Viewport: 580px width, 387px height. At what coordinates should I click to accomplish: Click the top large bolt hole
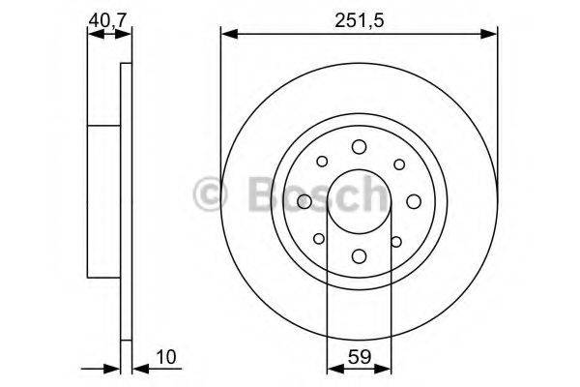tap(359, 146)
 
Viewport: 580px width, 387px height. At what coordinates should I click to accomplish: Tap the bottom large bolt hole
tap(359, 255)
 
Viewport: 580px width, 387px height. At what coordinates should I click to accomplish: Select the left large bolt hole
tap(304, 200)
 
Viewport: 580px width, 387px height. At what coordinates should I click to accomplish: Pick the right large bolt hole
tap(414, 200)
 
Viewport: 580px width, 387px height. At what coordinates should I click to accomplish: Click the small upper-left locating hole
tap(320, 162)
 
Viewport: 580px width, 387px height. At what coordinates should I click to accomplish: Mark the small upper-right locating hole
tap(397, 162)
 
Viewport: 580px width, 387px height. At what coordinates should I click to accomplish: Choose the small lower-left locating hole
tap(320, 239)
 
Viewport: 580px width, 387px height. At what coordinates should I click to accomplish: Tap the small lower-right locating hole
tap(397, 239)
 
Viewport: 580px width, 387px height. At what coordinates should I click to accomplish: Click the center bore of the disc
tap(359, 200)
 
